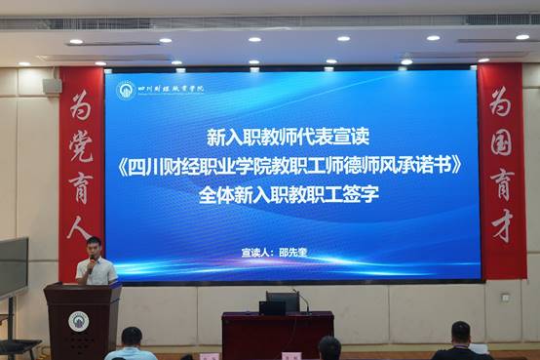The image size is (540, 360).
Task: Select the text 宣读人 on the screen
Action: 260,252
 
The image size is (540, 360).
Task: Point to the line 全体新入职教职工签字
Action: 291,194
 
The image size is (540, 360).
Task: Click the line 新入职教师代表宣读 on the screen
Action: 291,133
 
